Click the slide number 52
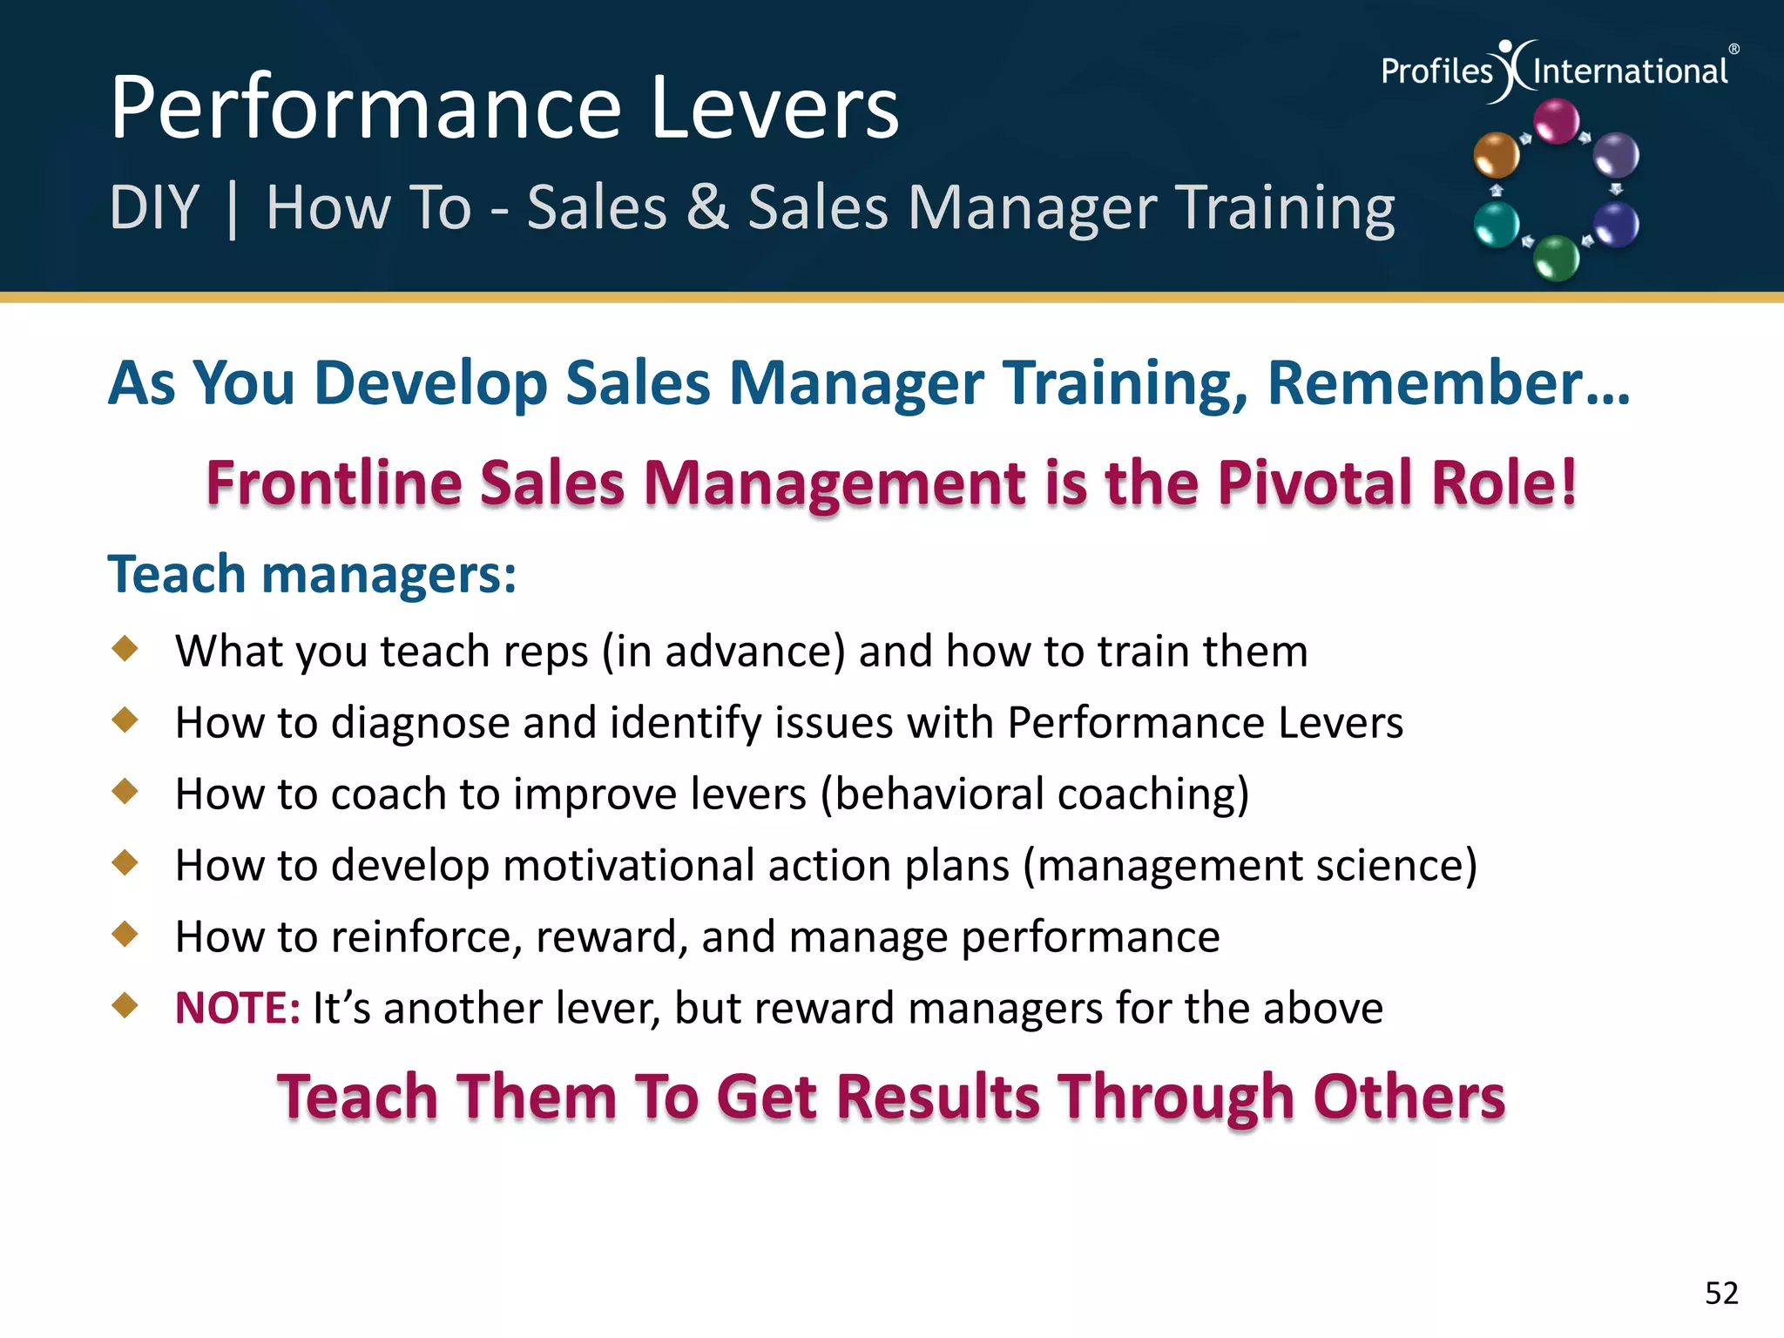(x=1721, y=1293)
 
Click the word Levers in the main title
(x=774, y=108)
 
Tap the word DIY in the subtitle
(x=154, y=208)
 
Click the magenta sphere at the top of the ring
(x=1556, y=121)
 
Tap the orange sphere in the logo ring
(x=1496, y=155)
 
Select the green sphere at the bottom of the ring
(x=1556, y=258)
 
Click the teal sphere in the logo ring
(x=1497, y=225)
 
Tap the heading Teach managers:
(x=312, y=575)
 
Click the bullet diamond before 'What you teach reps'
(x=125, y=648)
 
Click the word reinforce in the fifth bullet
(x=425, y=937)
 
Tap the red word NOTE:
(x=238, y=1009)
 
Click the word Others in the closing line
(x=1409, y=1098)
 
